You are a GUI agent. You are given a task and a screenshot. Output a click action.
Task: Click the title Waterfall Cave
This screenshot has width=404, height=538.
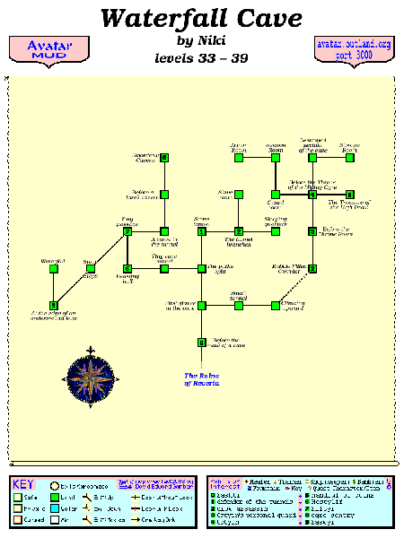tap(202, 18)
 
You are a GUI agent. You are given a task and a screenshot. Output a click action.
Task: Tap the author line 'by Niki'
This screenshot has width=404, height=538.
tap(202, 39)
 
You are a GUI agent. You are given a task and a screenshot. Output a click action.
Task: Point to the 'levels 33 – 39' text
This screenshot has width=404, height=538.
tap(202, 57)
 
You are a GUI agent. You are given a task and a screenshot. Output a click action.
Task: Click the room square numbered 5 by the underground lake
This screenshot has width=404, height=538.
tap(54, 305)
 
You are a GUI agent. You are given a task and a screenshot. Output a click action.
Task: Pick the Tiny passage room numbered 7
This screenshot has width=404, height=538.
tap(127, 231)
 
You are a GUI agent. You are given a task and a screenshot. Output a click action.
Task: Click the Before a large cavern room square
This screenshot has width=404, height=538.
tap(164, 195)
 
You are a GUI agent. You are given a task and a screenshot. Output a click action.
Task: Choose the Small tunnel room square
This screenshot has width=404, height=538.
tap(239, 305)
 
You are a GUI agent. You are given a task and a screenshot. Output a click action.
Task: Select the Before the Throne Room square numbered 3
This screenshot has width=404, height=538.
tap(312, 231)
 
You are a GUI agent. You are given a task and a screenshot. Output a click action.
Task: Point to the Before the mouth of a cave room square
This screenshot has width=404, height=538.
tap(202, 342)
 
